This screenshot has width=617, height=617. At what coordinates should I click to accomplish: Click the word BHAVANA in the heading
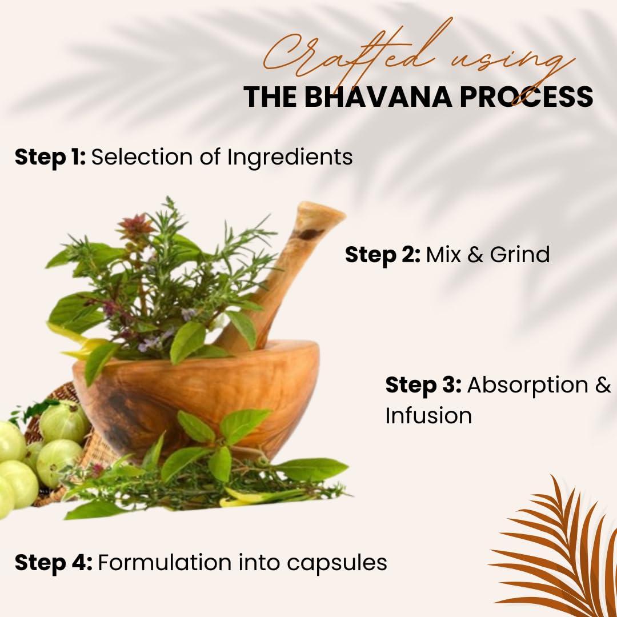tap(378, 97)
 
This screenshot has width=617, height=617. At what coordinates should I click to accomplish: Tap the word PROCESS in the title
tap(526, 97)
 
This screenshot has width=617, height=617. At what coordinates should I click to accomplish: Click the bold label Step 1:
tap(50, 158)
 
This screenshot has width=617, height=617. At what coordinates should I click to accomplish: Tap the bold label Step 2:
tap(382, 255)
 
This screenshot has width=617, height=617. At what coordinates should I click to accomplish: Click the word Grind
tap(519, 255)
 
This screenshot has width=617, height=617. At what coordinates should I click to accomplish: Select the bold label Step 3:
tap(423, 385)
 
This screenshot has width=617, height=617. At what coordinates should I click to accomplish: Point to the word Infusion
tap(428, 416)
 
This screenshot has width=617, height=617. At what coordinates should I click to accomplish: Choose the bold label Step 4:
tap(54, 563)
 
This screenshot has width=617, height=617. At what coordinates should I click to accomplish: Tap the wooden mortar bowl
tap(197, 398)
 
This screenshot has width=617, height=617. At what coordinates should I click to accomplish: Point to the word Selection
tap(142, 158)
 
